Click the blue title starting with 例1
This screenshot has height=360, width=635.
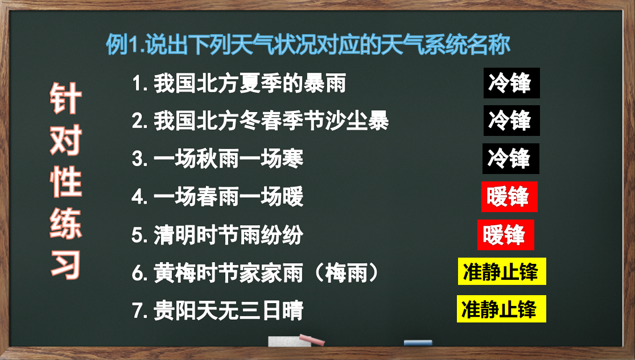coord(308,44)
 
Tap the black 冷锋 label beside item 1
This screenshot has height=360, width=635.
coord(512,83)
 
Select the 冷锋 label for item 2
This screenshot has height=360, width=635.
coord(512,121)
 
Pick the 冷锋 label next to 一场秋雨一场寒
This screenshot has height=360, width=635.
coord(510,158)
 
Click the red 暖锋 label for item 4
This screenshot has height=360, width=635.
coord(509,197)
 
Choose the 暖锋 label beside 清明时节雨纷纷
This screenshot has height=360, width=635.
coord(506,235)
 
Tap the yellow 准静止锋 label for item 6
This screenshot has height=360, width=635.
coord(502,271)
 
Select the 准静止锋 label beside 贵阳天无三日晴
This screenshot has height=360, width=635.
coord(501,309)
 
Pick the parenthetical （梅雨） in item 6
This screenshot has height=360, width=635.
coord(346,272)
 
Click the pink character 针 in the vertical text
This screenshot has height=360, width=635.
coord(65,98)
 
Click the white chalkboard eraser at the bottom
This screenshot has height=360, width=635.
coord(289,341)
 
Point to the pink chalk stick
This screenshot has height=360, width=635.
coord(312,340)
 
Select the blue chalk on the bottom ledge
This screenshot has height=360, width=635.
coord(418,342)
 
